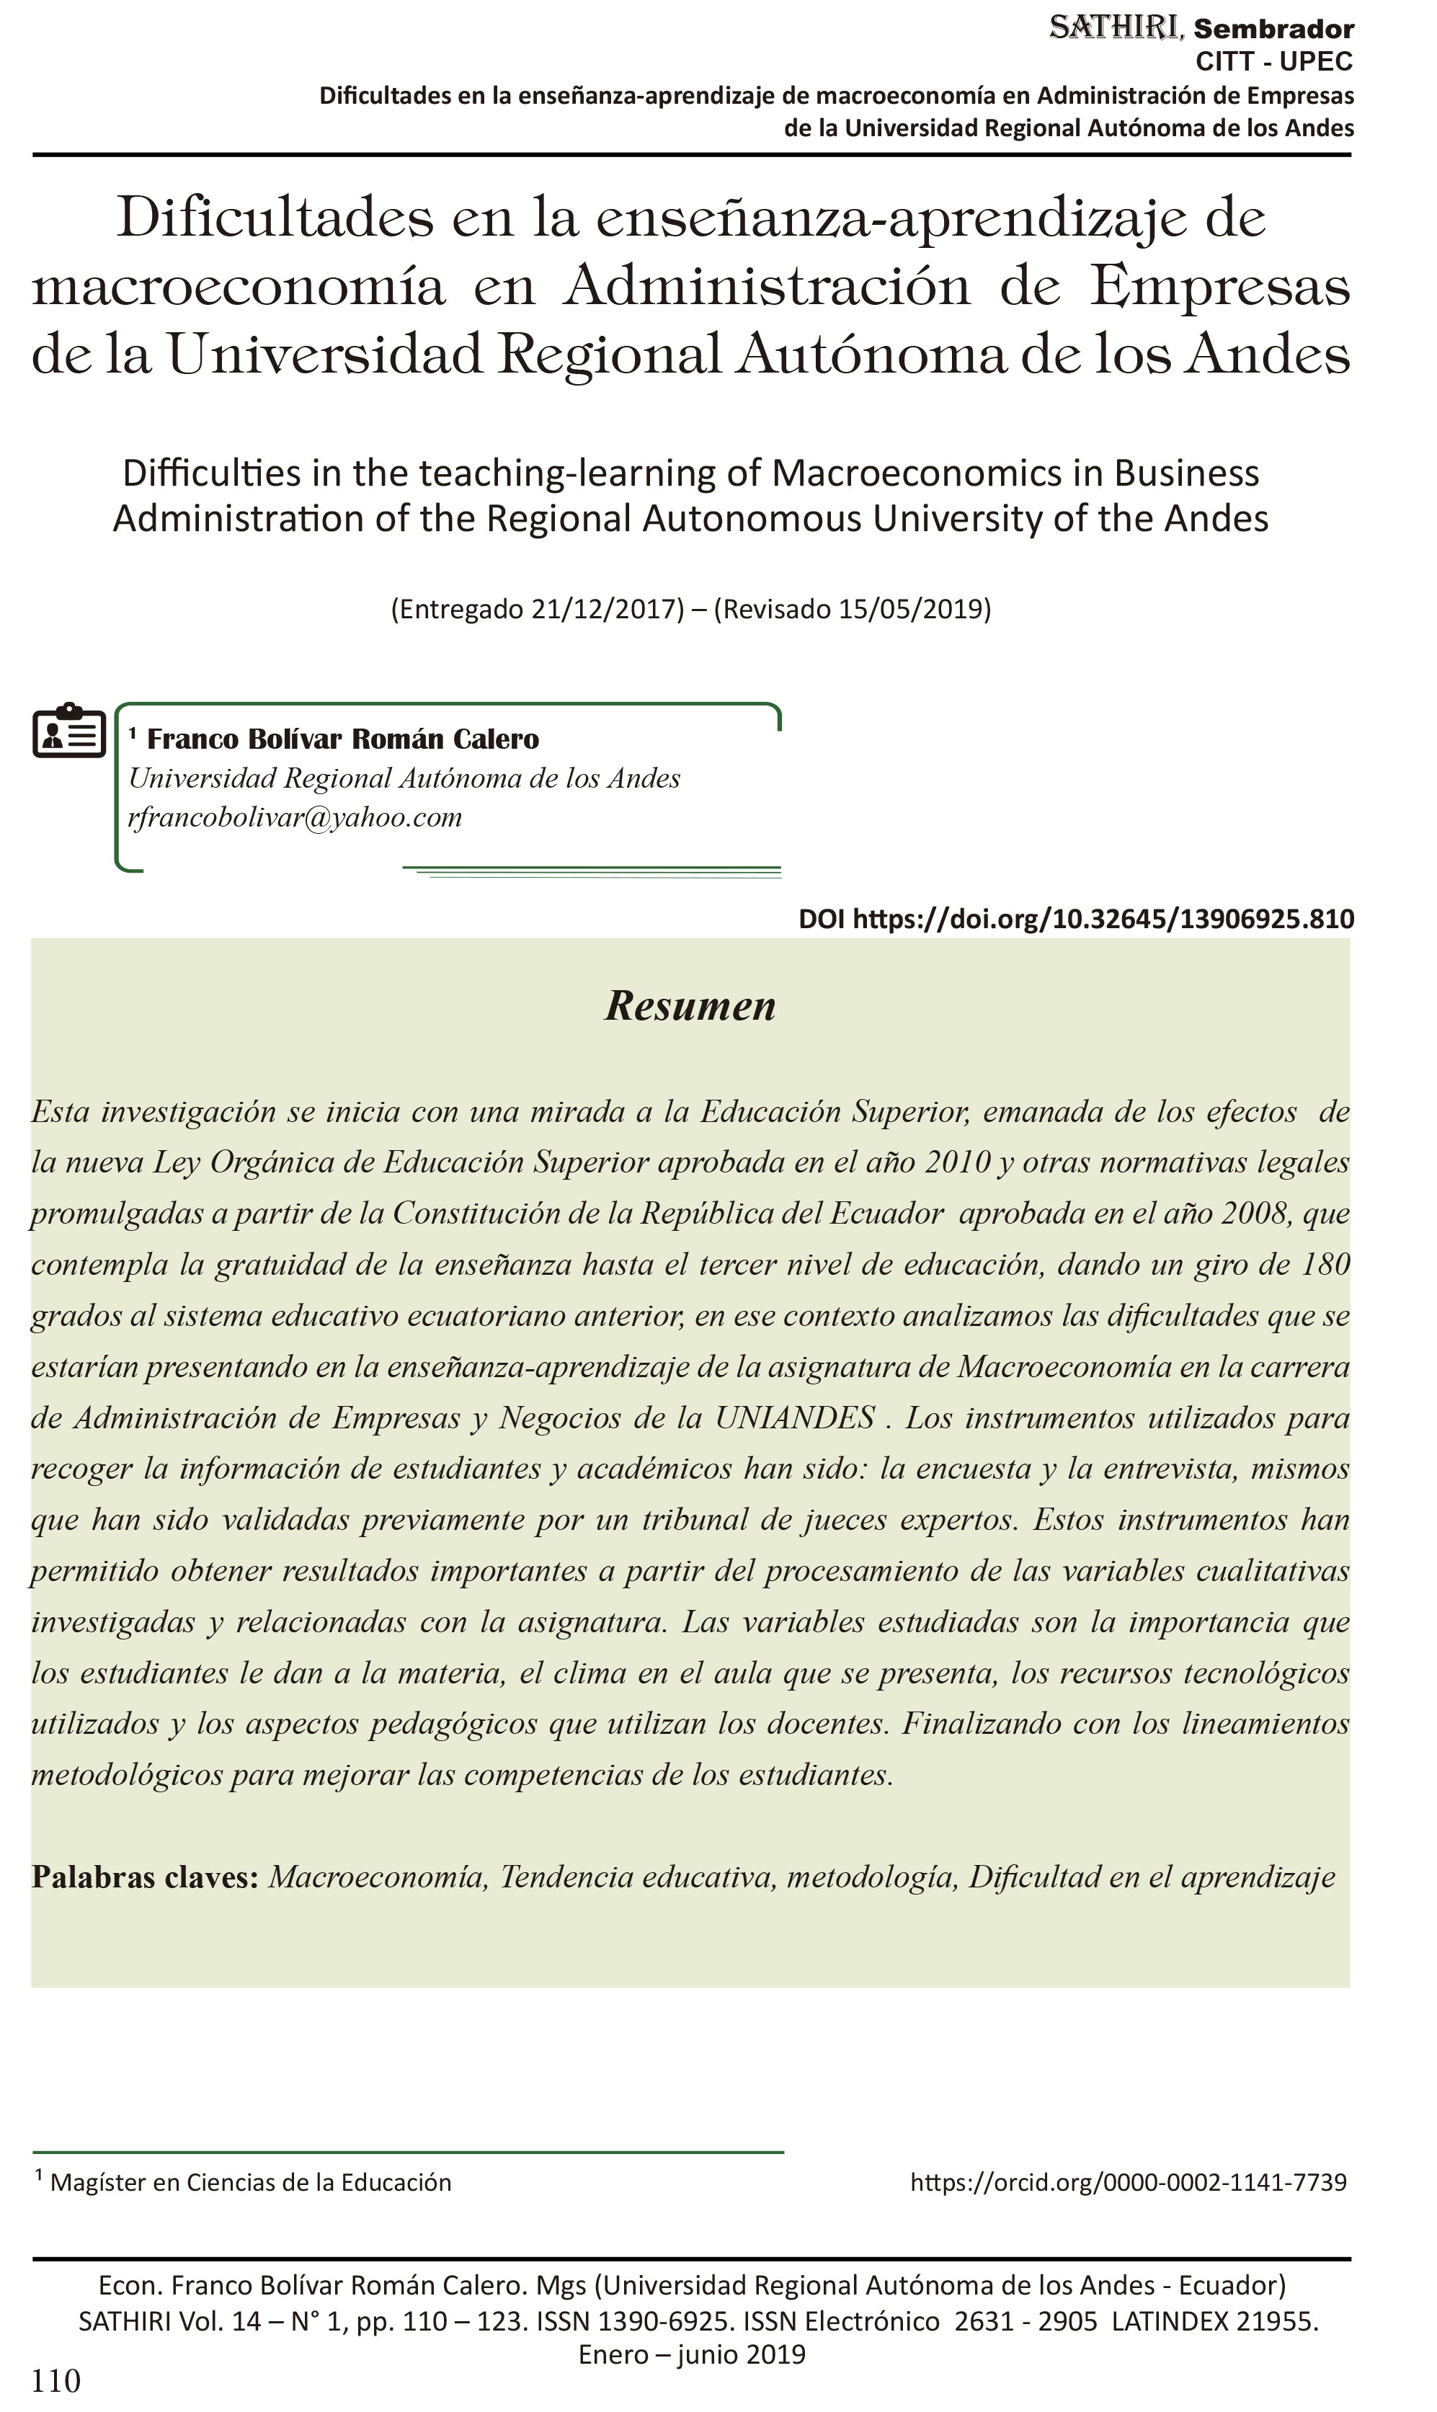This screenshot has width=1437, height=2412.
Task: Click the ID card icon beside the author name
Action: (x=68, y=731)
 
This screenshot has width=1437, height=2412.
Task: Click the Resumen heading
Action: (x=690, y=1006)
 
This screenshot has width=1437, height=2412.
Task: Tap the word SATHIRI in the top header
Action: (x=1116, y=28)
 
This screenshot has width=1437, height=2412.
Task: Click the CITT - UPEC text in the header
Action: (x=1274, y=62)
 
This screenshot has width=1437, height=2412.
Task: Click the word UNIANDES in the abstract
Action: (x=794, y=1418)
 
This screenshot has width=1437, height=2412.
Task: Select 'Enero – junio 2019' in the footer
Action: (x=691, y=2355)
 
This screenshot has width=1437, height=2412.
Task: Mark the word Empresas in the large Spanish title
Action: (x=1220, y=287)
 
